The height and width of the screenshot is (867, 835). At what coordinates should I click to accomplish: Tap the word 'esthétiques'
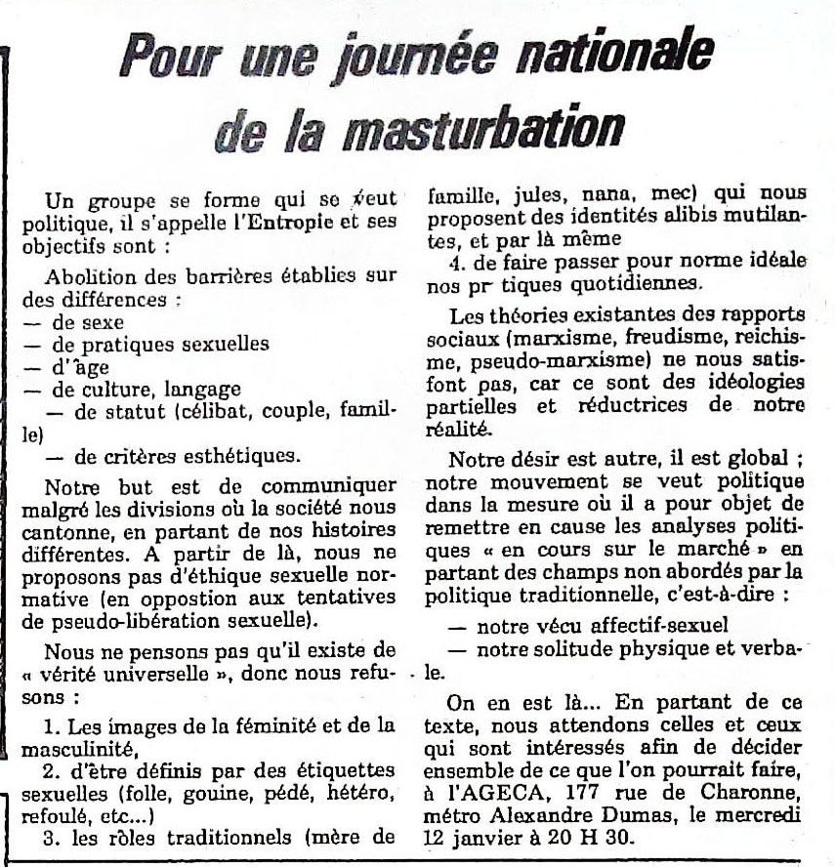(227, 455)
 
